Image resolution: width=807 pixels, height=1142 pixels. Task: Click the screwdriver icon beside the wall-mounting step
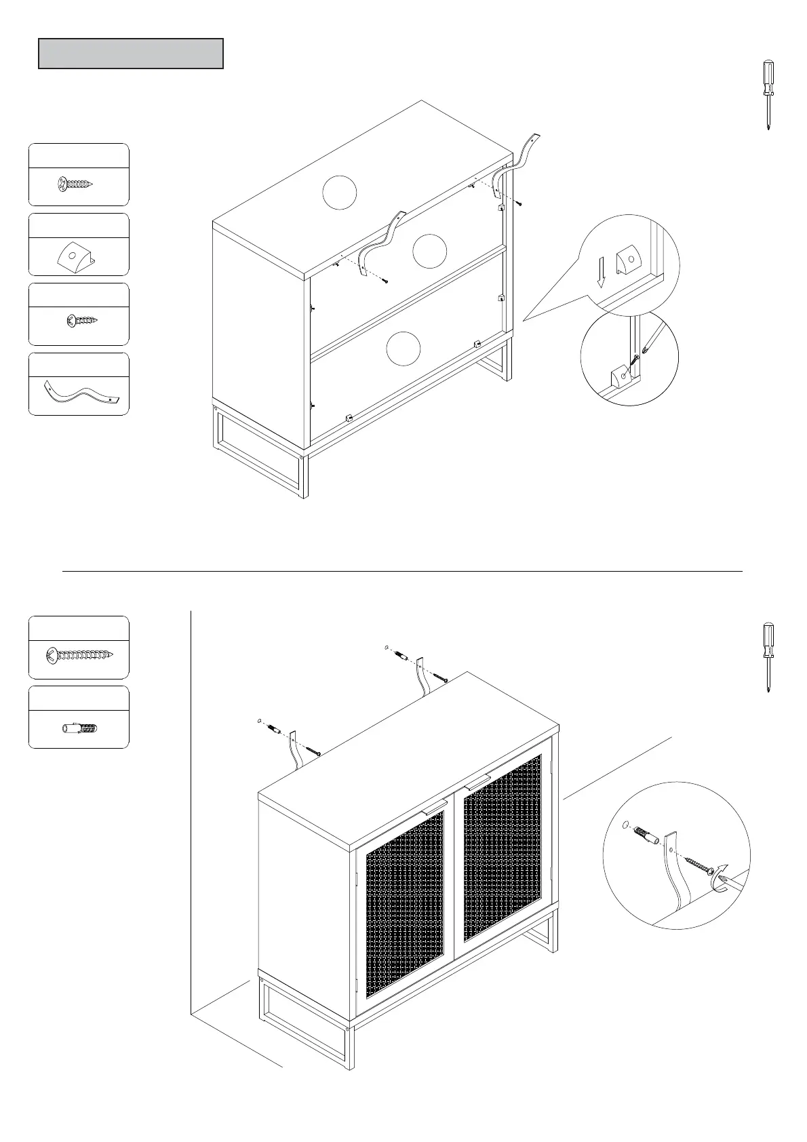click(767, 656)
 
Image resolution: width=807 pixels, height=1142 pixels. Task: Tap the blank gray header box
click(131, 54)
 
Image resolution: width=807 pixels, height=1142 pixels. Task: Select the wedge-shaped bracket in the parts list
click(75, 256)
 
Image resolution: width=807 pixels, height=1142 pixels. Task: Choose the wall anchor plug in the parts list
click(79, 730)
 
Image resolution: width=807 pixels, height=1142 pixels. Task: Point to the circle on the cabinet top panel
click(339, 193)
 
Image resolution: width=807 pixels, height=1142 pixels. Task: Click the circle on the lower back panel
click(403, 349)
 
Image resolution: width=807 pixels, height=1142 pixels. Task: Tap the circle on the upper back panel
click(430, 251)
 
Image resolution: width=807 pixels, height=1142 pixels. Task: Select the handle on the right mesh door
click(478, 781)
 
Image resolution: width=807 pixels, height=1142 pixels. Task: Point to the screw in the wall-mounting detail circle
click(698, 864)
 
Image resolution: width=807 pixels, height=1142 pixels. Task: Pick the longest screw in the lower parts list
click(79, 656)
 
